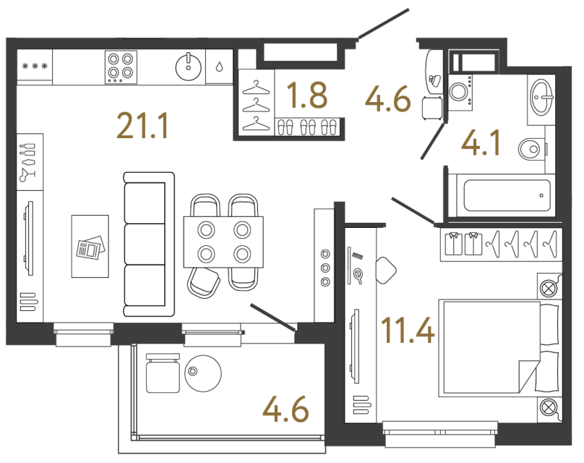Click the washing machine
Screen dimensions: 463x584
460,91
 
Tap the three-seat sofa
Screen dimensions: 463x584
149,244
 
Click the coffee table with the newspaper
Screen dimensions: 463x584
90,247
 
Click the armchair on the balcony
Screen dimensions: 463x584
162,373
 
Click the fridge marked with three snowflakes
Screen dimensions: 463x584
35,67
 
